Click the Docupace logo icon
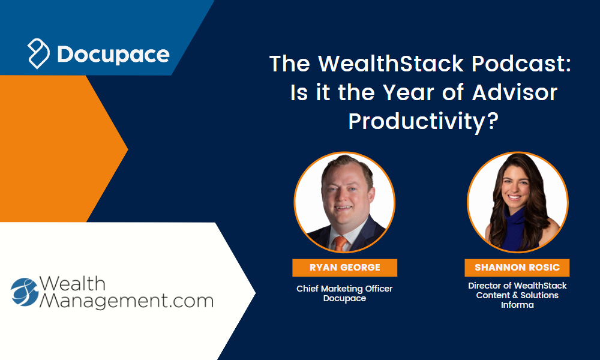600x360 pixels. (38, 53)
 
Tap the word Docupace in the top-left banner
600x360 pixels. (113, 55)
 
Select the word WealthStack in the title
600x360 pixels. (391, 63)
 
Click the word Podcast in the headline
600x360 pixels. (521, 63)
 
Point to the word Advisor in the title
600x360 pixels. (514, 92)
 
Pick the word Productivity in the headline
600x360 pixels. (417, 122)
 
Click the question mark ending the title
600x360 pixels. (493, 120)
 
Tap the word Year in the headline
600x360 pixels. (408, 92)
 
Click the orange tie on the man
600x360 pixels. (340, 244)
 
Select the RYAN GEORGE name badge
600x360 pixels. (345, 268)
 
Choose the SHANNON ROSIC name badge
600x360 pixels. (517, 268)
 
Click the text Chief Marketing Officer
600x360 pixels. (344, 289)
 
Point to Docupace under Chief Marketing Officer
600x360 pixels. (344, 298)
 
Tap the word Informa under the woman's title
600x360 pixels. (517, 305)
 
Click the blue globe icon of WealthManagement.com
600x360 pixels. (25, 292)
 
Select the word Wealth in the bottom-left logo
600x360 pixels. (73, 283)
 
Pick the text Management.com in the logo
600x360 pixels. (126, 301)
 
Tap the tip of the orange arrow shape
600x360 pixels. (128, 149)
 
